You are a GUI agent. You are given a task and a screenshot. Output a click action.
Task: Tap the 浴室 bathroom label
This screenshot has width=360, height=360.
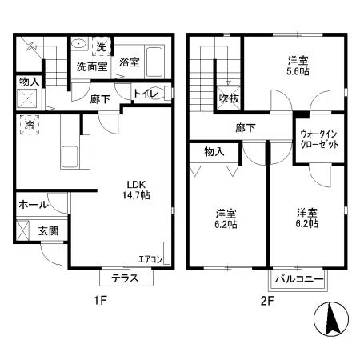tap(129, 62)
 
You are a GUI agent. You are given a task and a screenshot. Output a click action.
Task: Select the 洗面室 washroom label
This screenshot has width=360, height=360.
tap(92, 66)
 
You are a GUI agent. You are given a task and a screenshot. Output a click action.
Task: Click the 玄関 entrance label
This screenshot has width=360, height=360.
tap(47, 230)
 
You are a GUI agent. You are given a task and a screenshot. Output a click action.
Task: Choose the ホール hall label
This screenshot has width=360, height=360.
tap(32, 204)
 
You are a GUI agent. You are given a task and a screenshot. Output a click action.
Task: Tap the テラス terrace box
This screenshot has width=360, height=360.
tap(125, 278)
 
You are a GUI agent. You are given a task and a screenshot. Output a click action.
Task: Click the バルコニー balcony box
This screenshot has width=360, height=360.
tap(298, 279)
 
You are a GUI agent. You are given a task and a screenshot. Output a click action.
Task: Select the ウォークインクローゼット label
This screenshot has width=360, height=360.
tap(319, 140)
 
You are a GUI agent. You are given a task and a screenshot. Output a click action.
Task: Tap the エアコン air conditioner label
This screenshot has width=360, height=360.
tap(150, 258)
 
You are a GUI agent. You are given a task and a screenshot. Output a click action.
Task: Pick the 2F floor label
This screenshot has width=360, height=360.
tap(266, 302)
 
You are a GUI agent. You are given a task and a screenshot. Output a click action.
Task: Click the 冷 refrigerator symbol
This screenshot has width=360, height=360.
tap(30, 126)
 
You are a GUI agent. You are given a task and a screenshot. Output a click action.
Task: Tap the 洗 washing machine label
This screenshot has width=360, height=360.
tap(101, 46)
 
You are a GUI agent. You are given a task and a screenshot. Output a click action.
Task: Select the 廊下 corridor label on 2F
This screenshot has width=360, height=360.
tap(245, 126)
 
